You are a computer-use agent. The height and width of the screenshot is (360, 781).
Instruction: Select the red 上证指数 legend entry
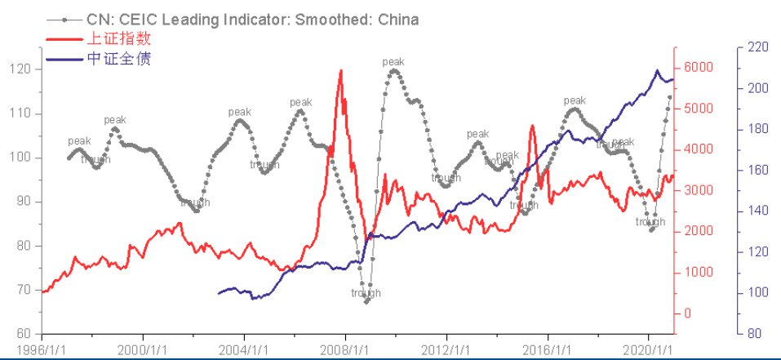coord(118,39)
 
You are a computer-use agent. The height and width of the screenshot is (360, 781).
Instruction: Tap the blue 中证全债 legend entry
coord(118,59)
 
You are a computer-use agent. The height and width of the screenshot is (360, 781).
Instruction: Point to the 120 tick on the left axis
coord(21,69)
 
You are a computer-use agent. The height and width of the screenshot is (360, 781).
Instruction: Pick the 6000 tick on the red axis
coord(699,68)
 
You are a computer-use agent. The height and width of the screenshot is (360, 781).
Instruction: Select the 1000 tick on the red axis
coord(699,273)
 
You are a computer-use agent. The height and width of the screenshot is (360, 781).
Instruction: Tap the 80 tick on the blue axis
coord(756,334)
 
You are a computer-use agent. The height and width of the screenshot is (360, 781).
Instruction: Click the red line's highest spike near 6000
coord(340,71)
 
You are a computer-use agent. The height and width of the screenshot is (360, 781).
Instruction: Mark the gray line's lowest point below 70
coord(366,301)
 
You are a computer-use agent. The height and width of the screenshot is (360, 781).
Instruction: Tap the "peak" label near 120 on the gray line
coord(393,61)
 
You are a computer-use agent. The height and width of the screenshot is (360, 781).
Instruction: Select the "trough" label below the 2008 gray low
coord(366,293)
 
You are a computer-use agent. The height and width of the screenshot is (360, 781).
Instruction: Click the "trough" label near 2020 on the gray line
coord(650,221)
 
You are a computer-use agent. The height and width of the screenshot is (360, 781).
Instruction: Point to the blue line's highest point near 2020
coord(657,71)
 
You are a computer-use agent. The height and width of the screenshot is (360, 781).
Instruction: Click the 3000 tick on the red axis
coord(699,190)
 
